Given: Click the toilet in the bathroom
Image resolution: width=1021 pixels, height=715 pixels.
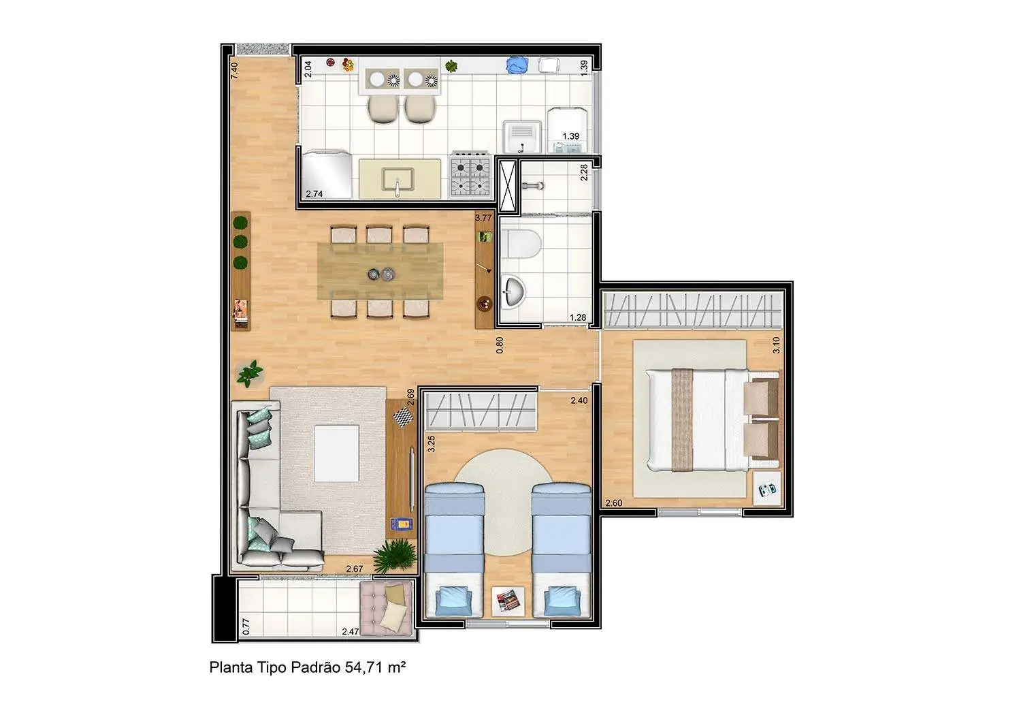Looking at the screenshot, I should (x=525, y=243).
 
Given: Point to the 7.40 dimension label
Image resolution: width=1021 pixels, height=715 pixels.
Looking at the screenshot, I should (x=234, y=71).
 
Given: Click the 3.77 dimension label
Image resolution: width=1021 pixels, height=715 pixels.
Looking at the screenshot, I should (x=483, y=218).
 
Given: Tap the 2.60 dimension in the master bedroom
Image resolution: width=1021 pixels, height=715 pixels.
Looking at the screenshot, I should (x=613, y=503).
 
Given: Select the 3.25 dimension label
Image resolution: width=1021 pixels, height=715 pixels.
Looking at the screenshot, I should (x=430, y=444).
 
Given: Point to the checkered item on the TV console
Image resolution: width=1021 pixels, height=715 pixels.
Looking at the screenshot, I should (x=402, y=418).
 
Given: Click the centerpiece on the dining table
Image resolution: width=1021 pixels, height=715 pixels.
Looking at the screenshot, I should (x=381, y=274).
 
